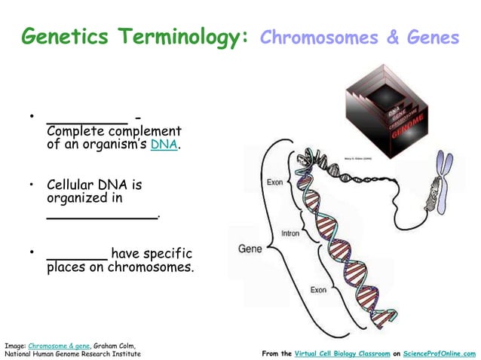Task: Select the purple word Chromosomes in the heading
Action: pyautogui.click(x=318, y=38)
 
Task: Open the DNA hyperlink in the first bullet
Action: pyautogui.click(x=164, y=145)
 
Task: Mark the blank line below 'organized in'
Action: pyautogui.click(x=103, y=216)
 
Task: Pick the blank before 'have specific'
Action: pyautogui.click(x=76, y=256)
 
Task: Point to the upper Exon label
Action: pyautogui.click(x=274, y=182)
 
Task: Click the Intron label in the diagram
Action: pyautogui.click(x=290, y=233)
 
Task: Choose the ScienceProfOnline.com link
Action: pyautogui.click(x=439, y=352)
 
